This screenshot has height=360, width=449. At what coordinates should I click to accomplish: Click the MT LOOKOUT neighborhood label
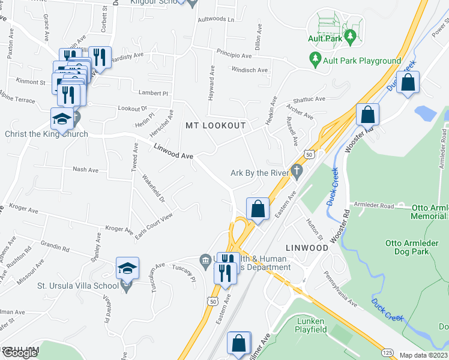215,125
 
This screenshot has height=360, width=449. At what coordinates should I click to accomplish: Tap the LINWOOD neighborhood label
307,247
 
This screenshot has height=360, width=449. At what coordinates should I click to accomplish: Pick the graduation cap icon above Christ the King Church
62,119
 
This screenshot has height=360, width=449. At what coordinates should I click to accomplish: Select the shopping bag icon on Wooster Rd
367,113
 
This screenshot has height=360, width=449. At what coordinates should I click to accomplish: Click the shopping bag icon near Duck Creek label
408,84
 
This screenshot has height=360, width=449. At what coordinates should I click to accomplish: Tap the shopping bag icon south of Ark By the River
258,209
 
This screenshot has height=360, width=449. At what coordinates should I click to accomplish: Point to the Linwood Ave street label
173,151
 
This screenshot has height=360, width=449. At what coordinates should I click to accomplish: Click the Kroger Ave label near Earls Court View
118,229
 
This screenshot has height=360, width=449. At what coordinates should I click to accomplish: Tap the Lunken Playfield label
312,325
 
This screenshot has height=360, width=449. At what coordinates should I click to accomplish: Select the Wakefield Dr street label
153,188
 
